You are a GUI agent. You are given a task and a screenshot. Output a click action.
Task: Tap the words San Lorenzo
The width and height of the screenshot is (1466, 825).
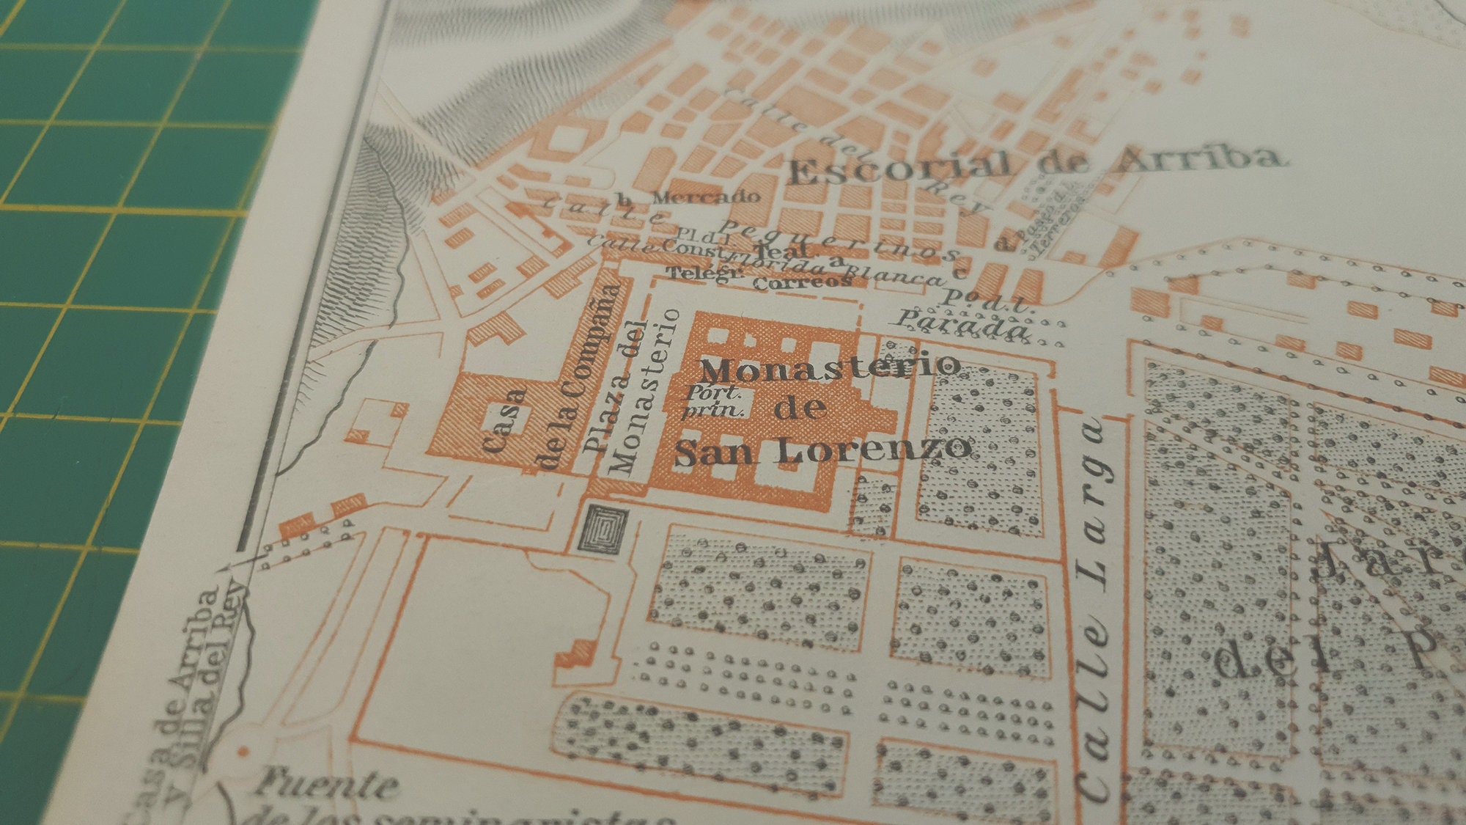[x=822, y=450]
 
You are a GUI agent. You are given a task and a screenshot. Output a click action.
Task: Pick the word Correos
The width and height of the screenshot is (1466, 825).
[x=803, y=282]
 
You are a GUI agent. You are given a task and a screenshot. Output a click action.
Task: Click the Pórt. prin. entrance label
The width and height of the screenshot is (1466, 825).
[x=713, y=402]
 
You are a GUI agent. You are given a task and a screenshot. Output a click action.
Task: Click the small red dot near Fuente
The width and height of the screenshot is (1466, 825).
[x=243, y=752]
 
